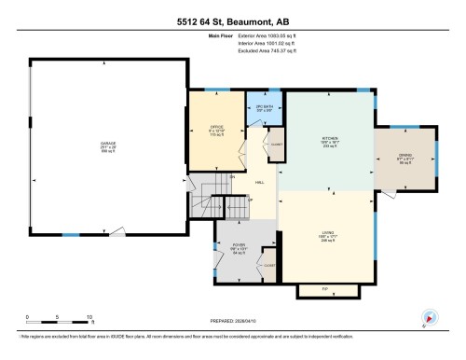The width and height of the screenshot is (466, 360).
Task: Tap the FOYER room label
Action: [x=238, y=245]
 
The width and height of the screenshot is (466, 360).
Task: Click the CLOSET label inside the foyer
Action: [x=268, y=265]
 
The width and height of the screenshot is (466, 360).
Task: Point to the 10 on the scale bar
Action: [x=89, y=317]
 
